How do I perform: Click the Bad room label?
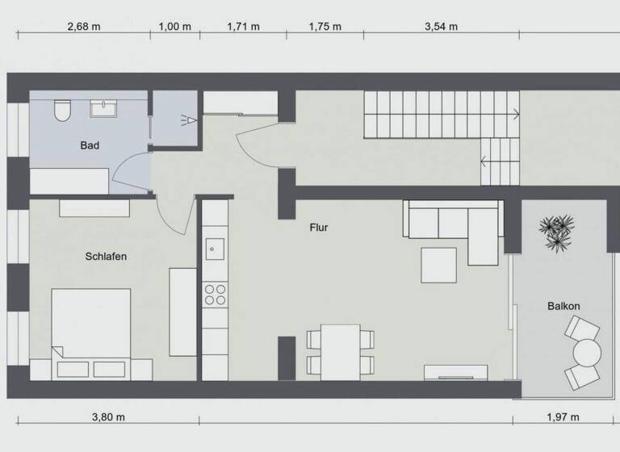pos(90,146)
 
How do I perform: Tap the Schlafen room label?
pos(106,257)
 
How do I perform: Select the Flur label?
pos(319,228)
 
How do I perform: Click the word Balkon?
pos(563,306)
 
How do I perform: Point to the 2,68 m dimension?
pos(83,27)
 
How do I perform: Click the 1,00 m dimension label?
pos(174,27)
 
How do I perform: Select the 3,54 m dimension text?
pos(441,27)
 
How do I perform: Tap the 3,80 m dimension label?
pos(108,417)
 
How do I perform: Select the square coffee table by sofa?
pos(438,266)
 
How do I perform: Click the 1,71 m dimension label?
pos(244,27)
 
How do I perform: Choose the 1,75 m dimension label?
pos(325,27)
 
